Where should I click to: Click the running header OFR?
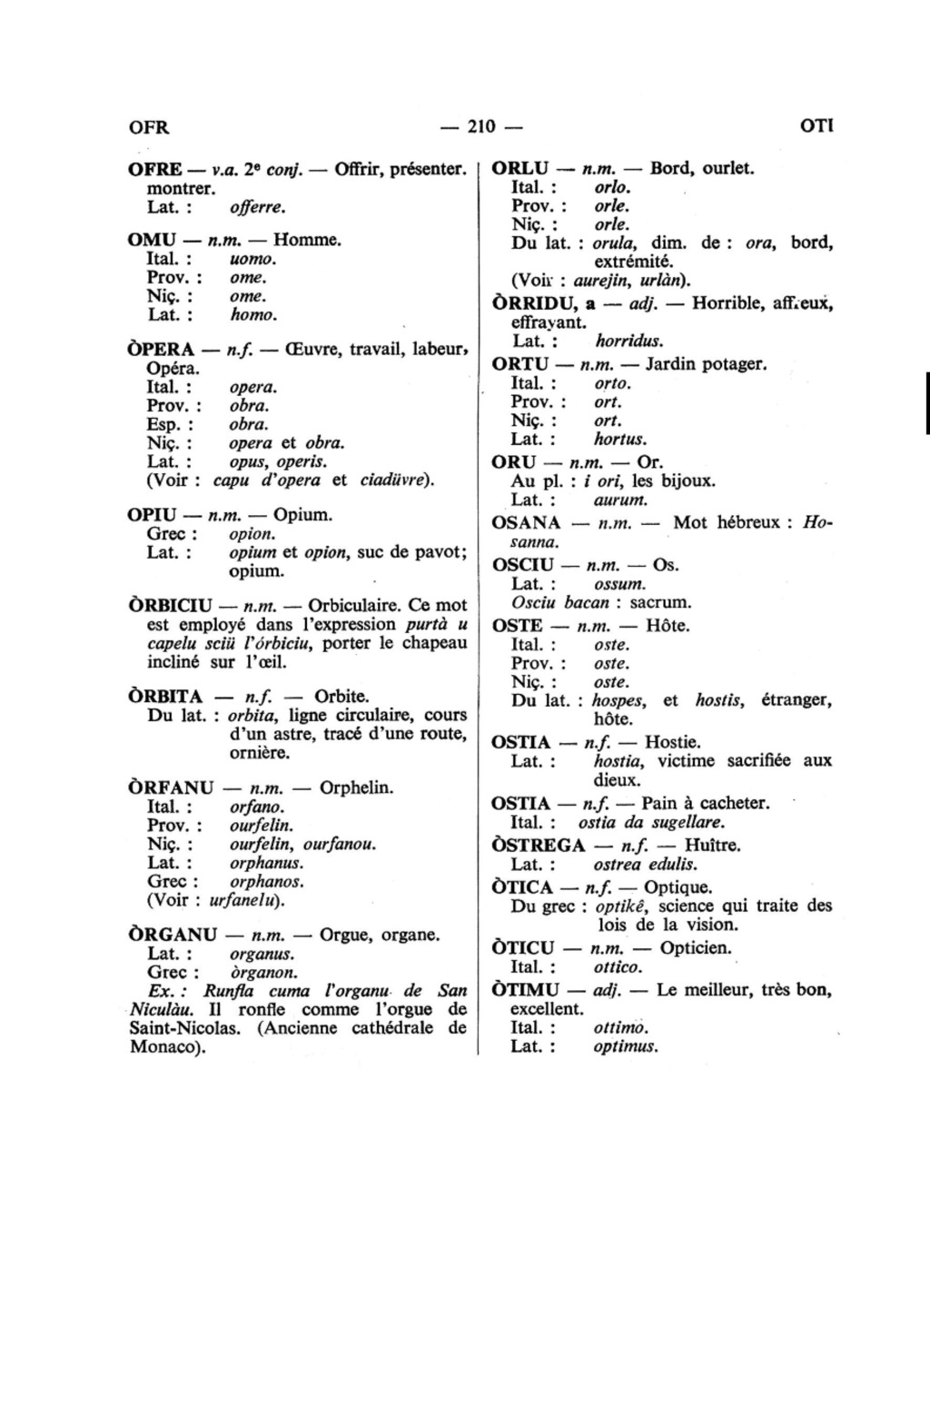point(149,126)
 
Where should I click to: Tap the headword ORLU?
point(520,168)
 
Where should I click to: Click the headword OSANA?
point(526,523)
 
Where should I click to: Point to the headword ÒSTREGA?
point(538,846)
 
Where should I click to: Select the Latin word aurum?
point(620,500)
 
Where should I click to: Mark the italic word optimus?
point(625,1046)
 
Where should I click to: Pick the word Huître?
point(713,846)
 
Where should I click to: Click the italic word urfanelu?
point(243,901)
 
